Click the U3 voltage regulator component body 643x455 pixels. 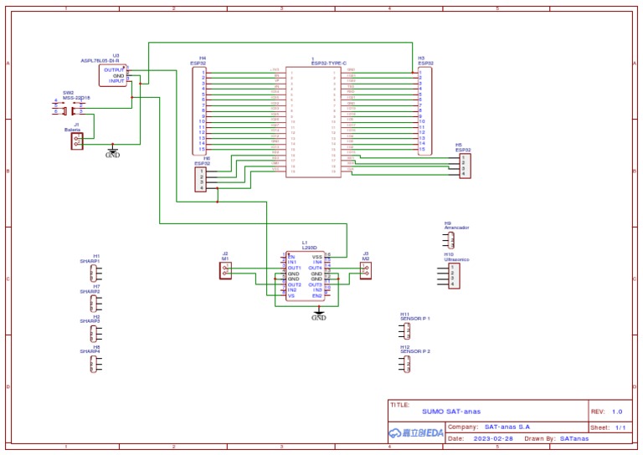coord(113,75)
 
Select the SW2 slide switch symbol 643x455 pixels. coord(71,110)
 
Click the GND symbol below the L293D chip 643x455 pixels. coord(319,315)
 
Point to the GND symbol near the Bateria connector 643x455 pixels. coord(112,152)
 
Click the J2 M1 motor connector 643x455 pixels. coord(225,273)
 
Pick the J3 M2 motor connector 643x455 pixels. coord(365,272)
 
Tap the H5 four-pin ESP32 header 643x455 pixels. coord(465,166)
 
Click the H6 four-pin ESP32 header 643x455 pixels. coord(200,179)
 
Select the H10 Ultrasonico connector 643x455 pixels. coord(453,276)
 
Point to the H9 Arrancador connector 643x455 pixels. coord(450,240)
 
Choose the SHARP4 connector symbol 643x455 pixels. coord(94,363)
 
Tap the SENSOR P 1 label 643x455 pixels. coord(415,319)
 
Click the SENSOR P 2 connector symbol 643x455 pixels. coord(406,364)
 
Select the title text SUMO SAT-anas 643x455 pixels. coord(451,412)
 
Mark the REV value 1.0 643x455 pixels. coord(617,412)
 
